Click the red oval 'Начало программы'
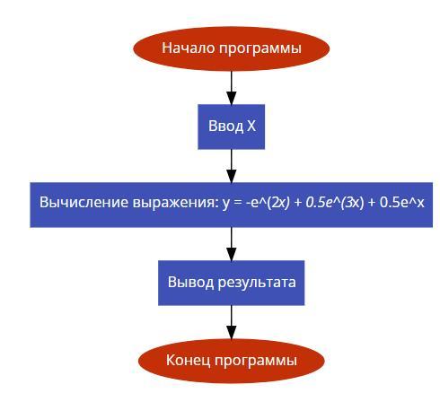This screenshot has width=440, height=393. (x=231, y=48)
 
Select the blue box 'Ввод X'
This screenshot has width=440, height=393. (x=231, y=127)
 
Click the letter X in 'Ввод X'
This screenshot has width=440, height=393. (x=251, y=126)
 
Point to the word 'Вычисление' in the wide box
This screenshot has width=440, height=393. (x=84, y=202)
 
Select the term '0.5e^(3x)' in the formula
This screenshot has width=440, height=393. (x=335, y=203)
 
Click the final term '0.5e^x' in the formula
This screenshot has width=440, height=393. (x=401, y=203)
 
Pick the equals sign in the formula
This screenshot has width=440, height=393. (x=238, y=203)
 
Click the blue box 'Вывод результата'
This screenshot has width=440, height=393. (x=231, y=283)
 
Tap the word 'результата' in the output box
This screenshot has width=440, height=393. (x=257, y=283)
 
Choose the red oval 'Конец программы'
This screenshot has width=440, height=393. (x=231, y=361)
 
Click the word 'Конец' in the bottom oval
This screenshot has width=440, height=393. (x=189, y=360)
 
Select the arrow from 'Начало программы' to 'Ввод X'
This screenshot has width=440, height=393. (x=231, y=88)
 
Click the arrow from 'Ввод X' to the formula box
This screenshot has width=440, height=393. (x=231, y=166)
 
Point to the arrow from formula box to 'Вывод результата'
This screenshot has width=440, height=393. (x=231, y=244)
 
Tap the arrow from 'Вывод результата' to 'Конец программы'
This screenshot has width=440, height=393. (x=231, y=322)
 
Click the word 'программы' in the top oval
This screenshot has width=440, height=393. (x=260, y=49)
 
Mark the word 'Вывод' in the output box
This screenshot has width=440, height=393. (x=190, y=282)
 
